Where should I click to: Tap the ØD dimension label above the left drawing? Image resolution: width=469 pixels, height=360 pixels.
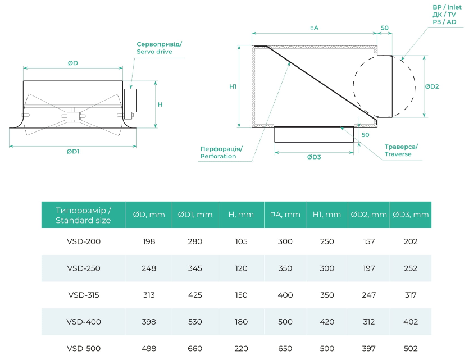tap(72, 63)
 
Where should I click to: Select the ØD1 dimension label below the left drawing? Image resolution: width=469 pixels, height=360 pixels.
tap(72, 152)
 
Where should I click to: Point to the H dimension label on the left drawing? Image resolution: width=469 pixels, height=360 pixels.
tap(160, 104)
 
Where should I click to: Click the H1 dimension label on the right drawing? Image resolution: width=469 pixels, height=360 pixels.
tap(233, 87)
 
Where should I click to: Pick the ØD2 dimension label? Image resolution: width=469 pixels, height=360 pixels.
tap(431, 86)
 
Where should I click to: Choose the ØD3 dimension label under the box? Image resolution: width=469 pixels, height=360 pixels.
tap(314, 157)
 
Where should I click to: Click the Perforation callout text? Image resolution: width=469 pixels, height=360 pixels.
tap(221, 153)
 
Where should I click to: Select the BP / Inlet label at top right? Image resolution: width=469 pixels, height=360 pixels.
tap(447, 7)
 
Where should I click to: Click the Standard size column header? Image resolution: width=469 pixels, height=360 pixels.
tap(83, 215)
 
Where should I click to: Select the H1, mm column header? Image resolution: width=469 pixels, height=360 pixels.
tap(326, 215)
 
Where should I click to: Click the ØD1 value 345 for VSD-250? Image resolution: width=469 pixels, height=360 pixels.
tap(195, 268)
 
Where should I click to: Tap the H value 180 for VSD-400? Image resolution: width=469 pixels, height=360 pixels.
tap(241, 322)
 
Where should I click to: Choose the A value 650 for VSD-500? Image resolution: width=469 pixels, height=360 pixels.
tap(285, 348)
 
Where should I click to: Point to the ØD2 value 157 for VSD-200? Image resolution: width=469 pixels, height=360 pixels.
tap(368, 241)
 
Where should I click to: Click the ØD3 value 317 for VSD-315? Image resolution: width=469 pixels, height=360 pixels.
tap(411, 295)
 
